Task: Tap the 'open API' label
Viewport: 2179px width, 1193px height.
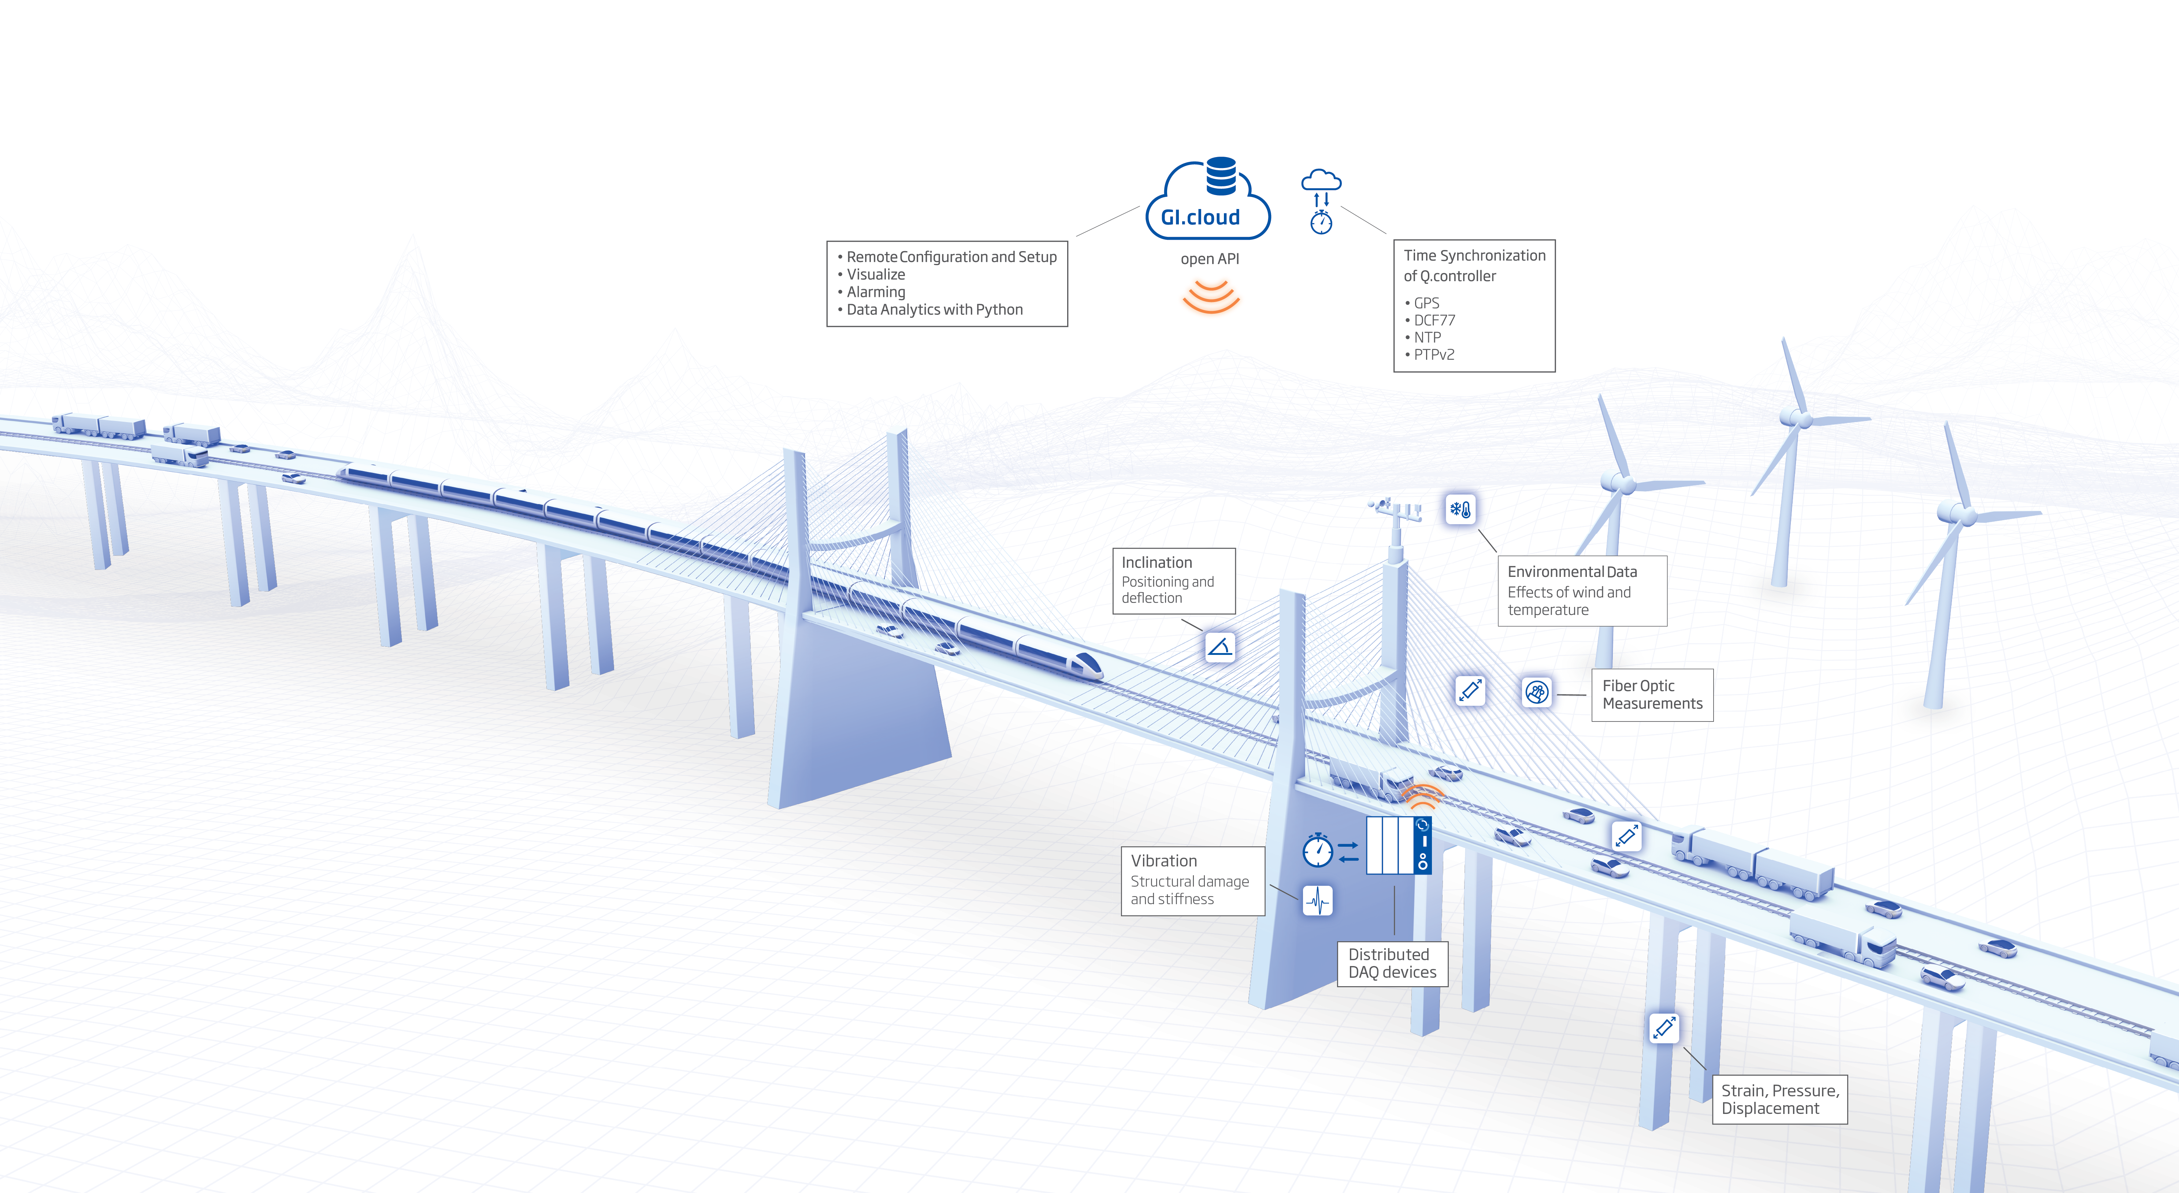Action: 1210,259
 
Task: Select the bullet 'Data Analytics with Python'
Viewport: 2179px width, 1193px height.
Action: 934,309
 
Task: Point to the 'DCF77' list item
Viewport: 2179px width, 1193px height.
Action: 1434,320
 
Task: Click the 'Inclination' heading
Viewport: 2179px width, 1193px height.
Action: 1156,562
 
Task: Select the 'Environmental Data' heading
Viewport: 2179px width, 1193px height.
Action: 1572,571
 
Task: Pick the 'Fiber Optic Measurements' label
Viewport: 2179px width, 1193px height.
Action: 1651,694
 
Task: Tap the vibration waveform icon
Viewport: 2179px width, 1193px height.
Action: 1317,901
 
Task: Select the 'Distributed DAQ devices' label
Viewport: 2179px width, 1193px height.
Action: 1392,963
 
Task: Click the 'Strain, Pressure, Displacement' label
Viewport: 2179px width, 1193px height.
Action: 1779,1099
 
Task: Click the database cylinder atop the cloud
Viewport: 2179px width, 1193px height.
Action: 1221,175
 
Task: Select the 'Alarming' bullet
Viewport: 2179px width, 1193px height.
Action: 876,292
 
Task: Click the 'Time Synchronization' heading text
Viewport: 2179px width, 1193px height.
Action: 1474,256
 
